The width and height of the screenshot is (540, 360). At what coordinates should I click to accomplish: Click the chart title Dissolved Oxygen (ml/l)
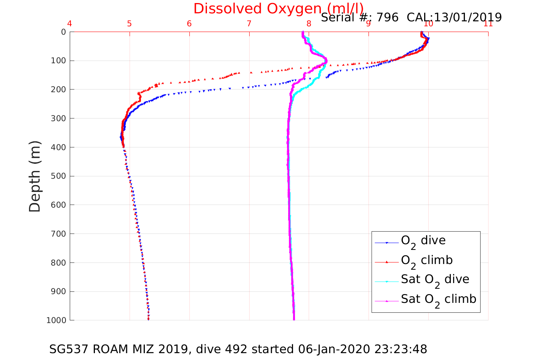pyautogui.click(x=278, y=8)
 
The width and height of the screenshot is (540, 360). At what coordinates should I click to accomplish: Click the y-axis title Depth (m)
pyautogui.click(x=35, y=176)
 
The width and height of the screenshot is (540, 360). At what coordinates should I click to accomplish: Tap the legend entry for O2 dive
pyautogui.click(x=423, y=241)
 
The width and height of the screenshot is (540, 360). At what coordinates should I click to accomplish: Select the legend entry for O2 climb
pyautogui.click(x=426, y=261)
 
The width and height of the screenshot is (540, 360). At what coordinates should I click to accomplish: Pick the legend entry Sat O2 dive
pyautogui.click(x=435, y=280)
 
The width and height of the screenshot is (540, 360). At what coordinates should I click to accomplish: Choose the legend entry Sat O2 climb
pyautogui.click(x=438, y=300)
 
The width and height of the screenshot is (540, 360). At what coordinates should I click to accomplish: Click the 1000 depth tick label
pyautogui.click(x=56, y=320)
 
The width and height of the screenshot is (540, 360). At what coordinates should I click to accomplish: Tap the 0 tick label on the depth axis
pyautogui.click(x=63, y=32)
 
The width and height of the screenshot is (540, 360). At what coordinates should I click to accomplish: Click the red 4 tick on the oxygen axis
pyautogui.click(x=69, y=24)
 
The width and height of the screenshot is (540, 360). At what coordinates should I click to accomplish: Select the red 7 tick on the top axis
pyautogui.click(x=249, y=24)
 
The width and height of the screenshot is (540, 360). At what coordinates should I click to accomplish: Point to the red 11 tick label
pyautogui.click(x=488, y=24)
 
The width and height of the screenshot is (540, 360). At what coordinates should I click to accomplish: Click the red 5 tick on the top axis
pyautogui.click(x=129, y=24)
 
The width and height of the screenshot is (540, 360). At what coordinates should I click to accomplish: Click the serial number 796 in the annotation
pyautogui.click(x=388, y=18)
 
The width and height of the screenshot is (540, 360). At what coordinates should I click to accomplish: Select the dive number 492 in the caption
pyautogui.click(x=236, y=349)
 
